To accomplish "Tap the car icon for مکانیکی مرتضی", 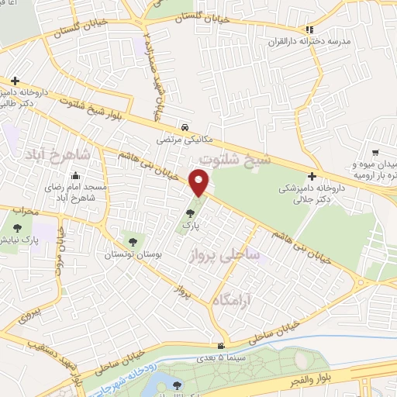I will coord(185,126).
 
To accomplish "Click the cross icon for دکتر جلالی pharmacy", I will coord(312,176).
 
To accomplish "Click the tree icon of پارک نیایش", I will coord(19,227).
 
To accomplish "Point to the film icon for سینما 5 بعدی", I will coord(223,346).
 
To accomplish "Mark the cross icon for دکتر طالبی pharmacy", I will coord(15,81).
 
